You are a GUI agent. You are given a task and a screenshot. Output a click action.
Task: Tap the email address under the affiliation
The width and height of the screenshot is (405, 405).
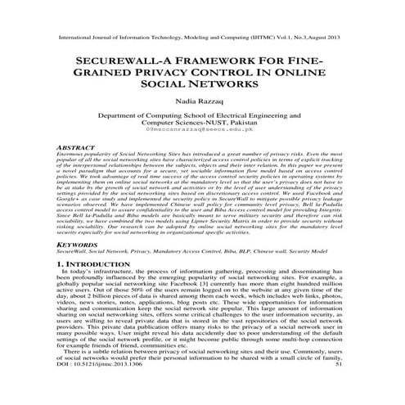[x=202, y=130]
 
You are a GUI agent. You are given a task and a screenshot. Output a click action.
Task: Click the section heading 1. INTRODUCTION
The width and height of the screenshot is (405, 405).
[x=92, y=265]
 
